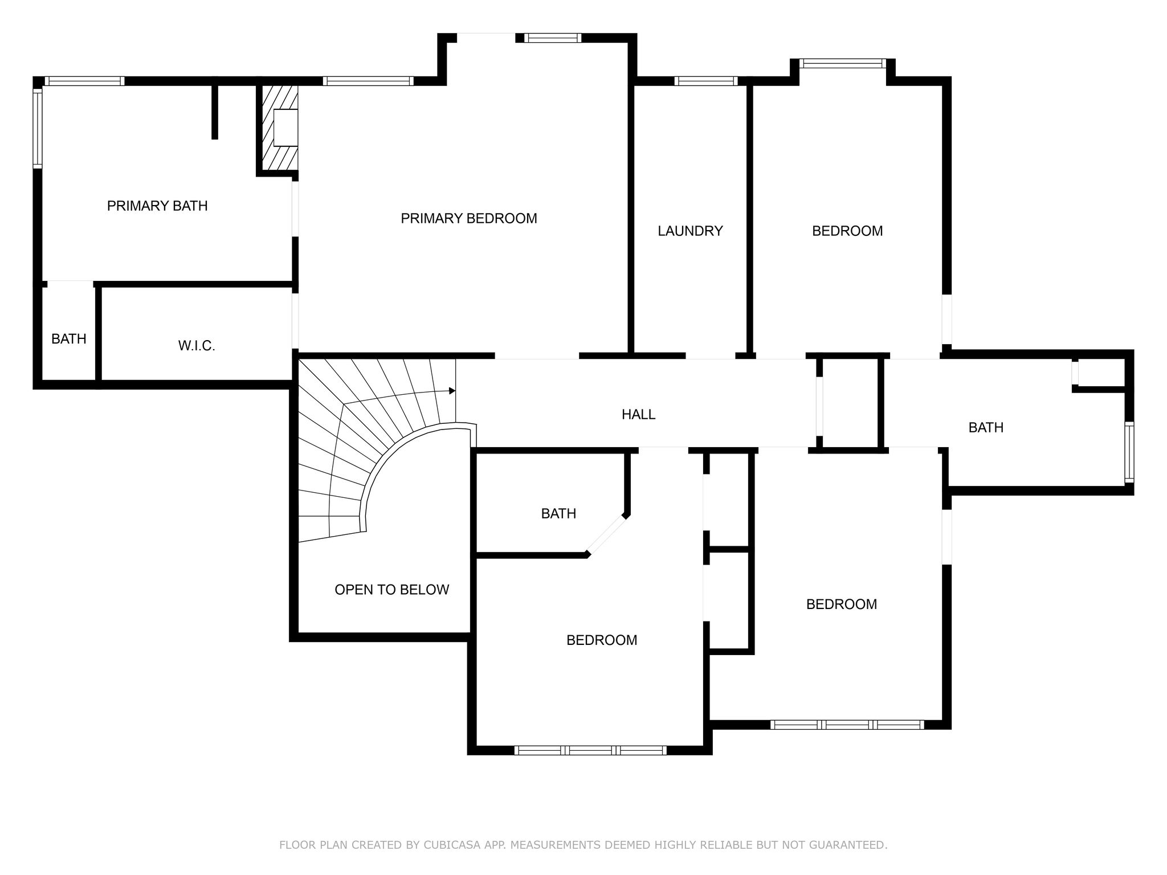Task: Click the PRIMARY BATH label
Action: tap(157, 206)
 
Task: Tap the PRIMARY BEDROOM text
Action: tap(469, 218)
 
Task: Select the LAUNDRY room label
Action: tap(690, 231)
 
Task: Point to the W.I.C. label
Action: tap(197, 346)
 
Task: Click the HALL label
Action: tap(638, 414)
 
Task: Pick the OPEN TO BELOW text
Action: tap(392, 590)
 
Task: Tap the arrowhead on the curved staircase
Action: tap(452, 391)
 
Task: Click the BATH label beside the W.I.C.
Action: tap(69, 339)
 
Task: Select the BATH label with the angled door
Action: tap(558, 513)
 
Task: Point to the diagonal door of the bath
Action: tap(607, 534)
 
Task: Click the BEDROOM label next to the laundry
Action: tap(847, 231)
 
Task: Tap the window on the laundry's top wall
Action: tap(706, 81)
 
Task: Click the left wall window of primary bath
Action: tap(38, 128)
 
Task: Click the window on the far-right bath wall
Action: tap(1129, 453)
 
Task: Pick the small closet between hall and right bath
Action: tap(851, 403)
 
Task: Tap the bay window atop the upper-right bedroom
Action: tap(843, 63)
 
